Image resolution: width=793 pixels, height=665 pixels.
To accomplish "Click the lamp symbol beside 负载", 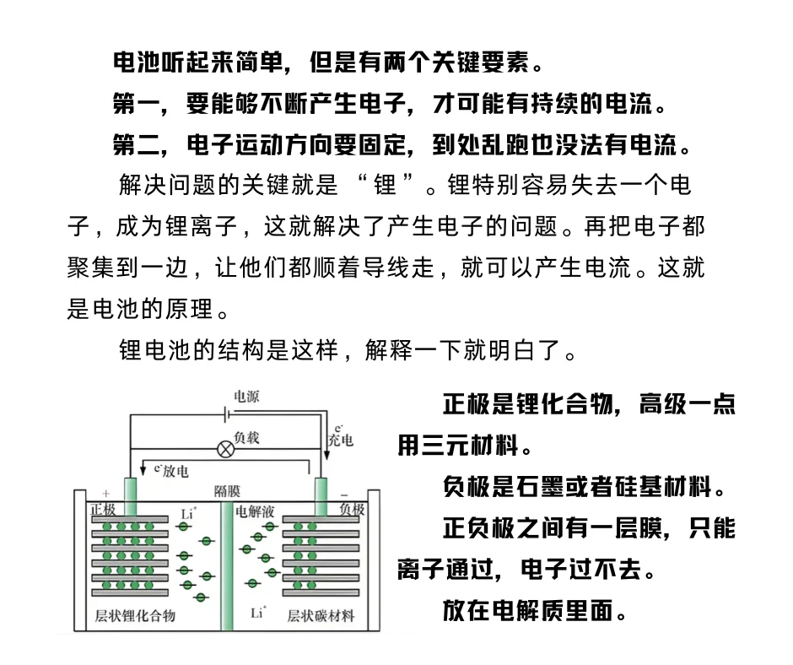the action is (x=226, y=448).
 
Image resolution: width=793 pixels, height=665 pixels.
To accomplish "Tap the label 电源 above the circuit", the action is (x=246, y=397).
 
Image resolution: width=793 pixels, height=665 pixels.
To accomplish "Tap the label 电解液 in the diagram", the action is (x=253, y=511).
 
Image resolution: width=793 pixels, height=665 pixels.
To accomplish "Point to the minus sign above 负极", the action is (x=344, y=493).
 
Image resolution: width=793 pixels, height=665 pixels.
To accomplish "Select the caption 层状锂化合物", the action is (x=135, y=615).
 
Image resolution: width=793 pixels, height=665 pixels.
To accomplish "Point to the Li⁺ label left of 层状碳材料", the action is (x=258, y=614).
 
